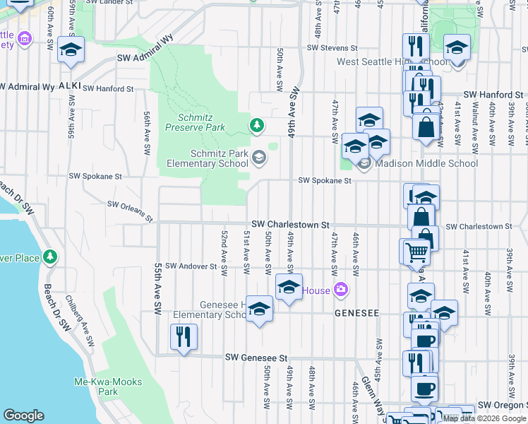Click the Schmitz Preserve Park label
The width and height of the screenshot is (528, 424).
[x=195, y=122]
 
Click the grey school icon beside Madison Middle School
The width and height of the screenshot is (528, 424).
[x=364, y=164]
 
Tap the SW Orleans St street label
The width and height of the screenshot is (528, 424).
[x=131, y=210]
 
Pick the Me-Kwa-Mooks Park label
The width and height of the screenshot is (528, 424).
[x=108, y=387]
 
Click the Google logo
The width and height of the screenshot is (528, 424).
[x=24, y=416]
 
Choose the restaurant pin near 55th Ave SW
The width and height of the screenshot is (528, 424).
[x=184, y=337]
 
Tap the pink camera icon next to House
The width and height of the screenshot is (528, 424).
[x=342, y=290]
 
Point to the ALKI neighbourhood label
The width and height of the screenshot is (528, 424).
[x=70, y=86]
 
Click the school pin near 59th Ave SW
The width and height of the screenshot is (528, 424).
[x=71, y=49]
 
